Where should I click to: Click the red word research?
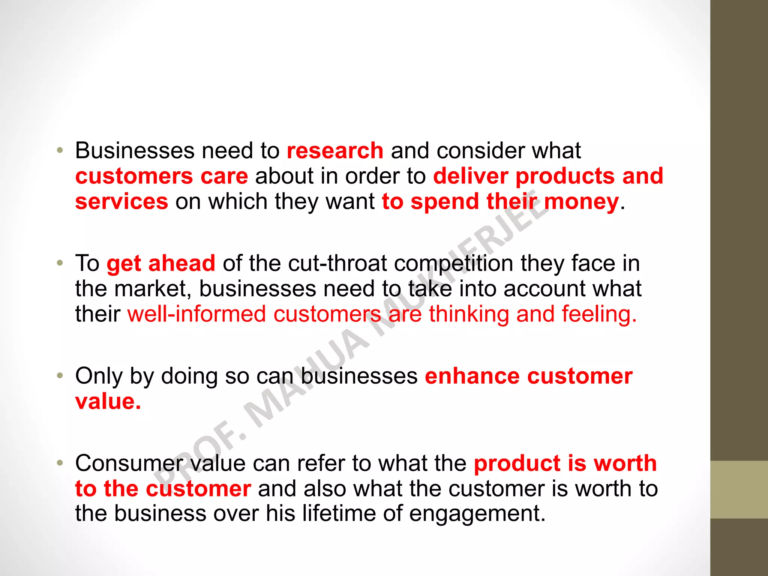[x=335, y=151]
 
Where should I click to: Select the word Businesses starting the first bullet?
[x=135, y=151]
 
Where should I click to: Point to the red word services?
[x=121, y=201]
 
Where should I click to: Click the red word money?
[x=581, y=202]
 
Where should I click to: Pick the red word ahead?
[x=182, y=263]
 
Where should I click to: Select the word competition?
[x=453, y=264]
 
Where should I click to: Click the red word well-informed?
[x=196, y=314]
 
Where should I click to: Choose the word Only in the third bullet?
[x=99, y=376]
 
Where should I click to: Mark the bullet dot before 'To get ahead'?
[x=60, y=263]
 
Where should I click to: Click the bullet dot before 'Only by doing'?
[x=60, y=376]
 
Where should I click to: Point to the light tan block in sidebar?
[x=739, y=490]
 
